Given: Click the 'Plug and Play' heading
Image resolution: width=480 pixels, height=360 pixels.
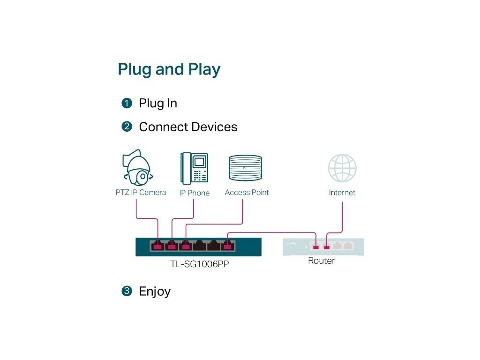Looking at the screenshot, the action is click(x=169, y=69).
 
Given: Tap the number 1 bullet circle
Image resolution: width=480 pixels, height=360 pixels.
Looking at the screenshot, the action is click(x=127, y=103).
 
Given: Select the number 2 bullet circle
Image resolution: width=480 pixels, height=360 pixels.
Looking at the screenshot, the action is click(x=127, y=127).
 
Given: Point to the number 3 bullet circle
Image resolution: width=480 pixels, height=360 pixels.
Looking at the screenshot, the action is click(x=127, y=291).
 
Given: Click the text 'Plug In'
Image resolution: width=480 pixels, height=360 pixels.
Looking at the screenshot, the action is click(x=158, y=104).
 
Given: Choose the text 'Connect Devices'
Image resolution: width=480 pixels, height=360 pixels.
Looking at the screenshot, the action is click(x=188, y=127).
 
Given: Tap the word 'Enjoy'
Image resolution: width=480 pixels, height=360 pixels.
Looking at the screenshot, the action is click(x=155, y=292).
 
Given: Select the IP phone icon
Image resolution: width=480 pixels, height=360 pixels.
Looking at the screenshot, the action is click(x=195, y=168).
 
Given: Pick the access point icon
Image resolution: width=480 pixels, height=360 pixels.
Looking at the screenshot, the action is click(x=246, y=168).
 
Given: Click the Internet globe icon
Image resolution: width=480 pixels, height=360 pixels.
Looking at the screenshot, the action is click(x=342, y=168).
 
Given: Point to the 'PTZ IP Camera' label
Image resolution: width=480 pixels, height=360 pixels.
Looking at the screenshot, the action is click(x=141, y=193).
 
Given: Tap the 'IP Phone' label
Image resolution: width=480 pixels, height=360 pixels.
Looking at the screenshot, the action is click(x=195, y=193).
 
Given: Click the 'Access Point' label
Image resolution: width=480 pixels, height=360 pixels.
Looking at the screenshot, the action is click(x=247, y=193).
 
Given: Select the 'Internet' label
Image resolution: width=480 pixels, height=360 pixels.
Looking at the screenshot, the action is click(x=342, y=193).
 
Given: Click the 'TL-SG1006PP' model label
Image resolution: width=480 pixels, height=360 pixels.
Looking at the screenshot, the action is click(x=200, y=264).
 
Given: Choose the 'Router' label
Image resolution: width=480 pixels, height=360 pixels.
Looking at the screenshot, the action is click(x=322, y=261).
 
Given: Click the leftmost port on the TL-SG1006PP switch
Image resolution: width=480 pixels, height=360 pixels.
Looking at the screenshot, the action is click(x=157, y=246).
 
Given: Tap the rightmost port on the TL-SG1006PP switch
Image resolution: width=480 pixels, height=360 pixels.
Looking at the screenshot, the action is click(x=227, y=246).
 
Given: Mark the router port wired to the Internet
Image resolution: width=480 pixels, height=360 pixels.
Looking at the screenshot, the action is click(x=327, y=246).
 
